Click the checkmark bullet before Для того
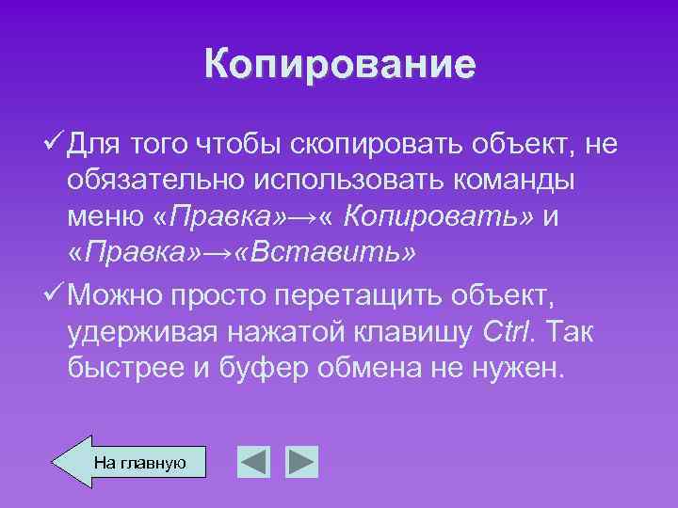(55, 145)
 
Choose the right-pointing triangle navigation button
(302, 462)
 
